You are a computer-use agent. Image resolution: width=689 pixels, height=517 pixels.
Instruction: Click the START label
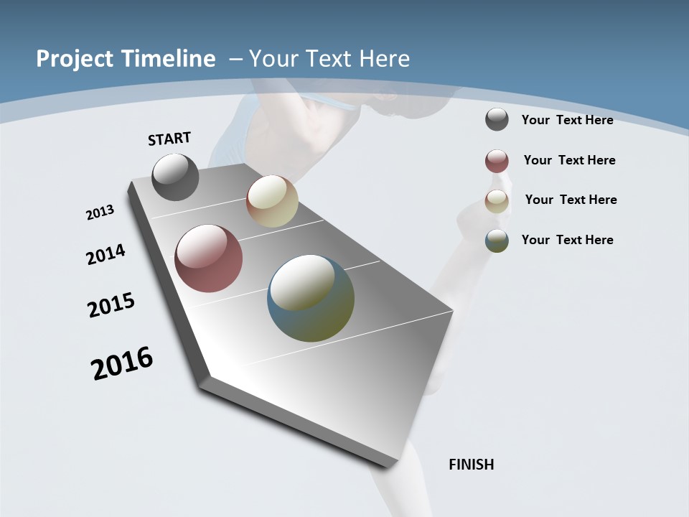(x=169, y=139)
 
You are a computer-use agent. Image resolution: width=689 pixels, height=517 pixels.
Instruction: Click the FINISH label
(x=472, y=465)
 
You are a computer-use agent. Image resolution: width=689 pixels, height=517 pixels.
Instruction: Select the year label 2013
(x=100, y=213)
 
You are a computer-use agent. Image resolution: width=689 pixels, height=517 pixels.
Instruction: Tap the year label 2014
(x=106, y=254)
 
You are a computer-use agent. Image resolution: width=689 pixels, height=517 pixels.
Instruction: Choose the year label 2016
(x=122, y=363)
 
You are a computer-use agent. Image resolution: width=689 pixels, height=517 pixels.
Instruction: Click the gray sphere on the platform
(x=175, y=177)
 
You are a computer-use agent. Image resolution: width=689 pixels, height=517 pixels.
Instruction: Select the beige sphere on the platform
(x=272, y=201)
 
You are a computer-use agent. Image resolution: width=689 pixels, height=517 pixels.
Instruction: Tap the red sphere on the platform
(x=209, y=258)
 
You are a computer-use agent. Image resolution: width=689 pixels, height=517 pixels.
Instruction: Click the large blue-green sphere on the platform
(x=311, y=298)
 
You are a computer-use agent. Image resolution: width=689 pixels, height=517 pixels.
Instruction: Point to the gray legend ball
(x=497, y=119)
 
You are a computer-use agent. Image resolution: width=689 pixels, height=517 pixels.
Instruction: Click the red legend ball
(x=497, y=161)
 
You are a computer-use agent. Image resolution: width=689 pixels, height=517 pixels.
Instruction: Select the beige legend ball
(x=497, y=201)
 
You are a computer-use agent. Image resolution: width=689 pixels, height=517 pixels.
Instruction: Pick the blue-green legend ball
(x=497, y=241)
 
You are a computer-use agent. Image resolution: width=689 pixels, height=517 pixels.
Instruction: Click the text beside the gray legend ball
(x=567, y=120)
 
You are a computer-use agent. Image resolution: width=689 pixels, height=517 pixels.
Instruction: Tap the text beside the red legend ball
(x=569, y=160)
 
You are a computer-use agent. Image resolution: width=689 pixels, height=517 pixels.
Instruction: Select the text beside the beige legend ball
(x=571, y=200)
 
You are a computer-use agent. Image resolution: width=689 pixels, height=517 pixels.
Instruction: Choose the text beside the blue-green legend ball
(x=567, y=240)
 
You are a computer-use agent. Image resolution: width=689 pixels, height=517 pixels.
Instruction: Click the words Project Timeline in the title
(x=126, y=59)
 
